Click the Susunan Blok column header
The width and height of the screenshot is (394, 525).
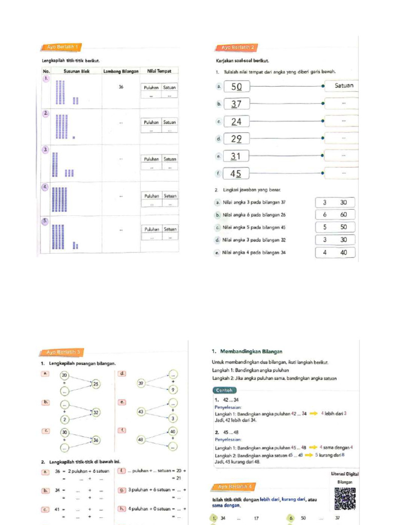pos(76,71)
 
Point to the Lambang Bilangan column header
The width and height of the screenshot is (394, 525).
pos(121,71)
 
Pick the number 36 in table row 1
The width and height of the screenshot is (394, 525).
pos(121,87)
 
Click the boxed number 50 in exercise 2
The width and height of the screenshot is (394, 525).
pos(237,87)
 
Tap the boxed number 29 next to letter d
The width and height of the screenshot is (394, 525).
pos(237,139)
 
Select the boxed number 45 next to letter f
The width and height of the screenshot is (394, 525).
pos(237,174)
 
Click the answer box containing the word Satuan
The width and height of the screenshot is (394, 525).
pos(342,86)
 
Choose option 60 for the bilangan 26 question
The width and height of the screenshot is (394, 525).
pos(343,215)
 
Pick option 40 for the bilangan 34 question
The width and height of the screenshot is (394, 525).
pos(343,252)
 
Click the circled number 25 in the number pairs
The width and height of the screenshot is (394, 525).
pos(96,383)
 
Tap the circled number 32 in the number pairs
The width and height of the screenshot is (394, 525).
pos(96,412)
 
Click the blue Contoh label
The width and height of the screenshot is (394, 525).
pos(225,390)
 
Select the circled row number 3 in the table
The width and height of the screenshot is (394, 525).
pos(46,150)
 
